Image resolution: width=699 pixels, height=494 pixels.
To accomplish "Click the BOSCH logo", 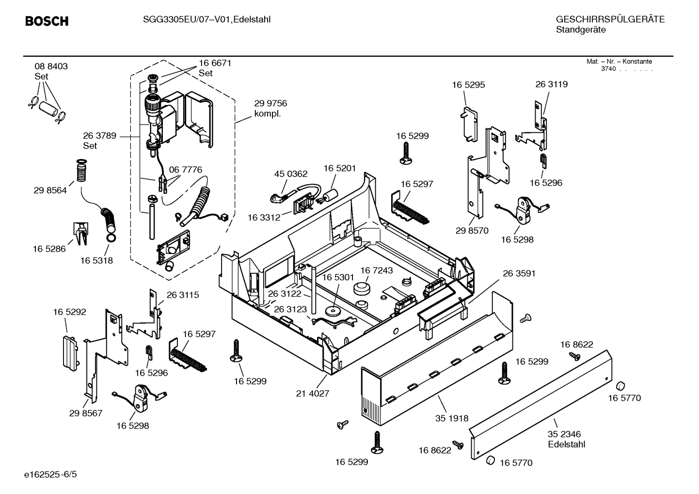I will pos(47,21).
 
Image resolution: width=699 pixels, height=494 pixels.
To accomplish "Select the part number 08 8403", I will pos(51,66).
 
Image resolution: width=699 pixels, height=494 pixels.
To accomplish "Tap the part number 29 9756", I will pos(270,103).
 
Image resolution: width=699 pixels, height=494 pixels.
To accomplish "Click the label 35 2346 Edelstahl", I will pos(566,439).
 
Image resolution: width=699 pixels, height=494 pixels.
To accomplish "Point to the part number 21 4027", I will pos(312,393).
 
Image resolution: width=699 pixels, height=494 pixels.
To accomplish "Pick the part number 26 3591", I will pos(519,273).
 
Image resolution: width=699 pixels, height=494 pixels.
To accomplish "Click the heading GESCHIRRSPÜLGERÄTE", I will pos(610,19).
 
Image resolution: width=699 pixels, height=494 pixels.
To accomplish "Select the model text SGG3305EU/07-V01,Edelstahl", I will pos(207,19).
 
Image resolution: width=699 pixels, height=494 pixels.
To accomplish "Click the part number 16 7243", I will pos(376,270).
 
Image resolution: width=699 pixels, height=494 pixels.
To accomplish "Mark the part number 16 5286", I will pos(49,249).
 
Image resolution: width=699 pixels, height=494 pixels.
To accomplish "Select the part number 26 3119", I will pos(551,84).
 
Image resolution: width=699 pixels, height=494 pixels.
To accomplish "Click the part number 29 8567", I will pos(86,413).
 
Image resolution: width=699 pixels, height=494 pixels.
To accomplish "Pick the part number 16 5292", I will pos(69,312).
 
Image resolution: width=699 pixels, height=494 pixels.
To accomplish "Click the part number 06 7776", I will pos(185,170).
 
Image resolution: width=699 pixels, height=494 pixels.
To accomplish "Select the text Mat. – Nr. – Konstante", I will pos(619,62).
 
